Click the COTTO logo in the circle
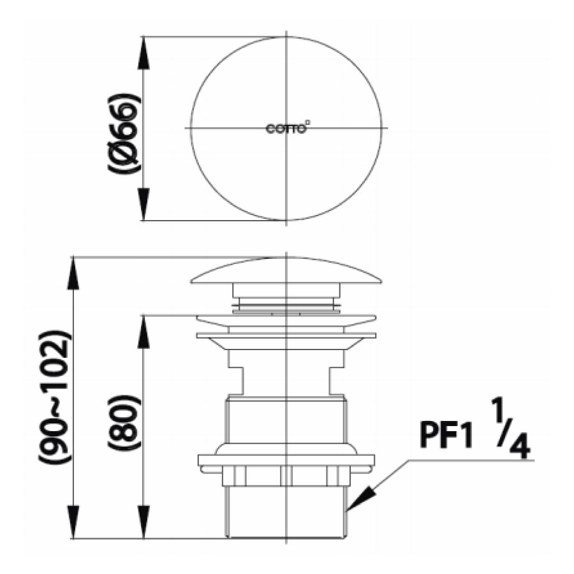(286, 128)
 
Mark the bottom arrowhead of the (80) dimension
(144, 525)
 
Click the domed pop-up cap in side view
(286, 271)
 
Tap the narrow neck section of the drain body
(286, 373)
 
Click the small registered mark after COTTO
(309, 124)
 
